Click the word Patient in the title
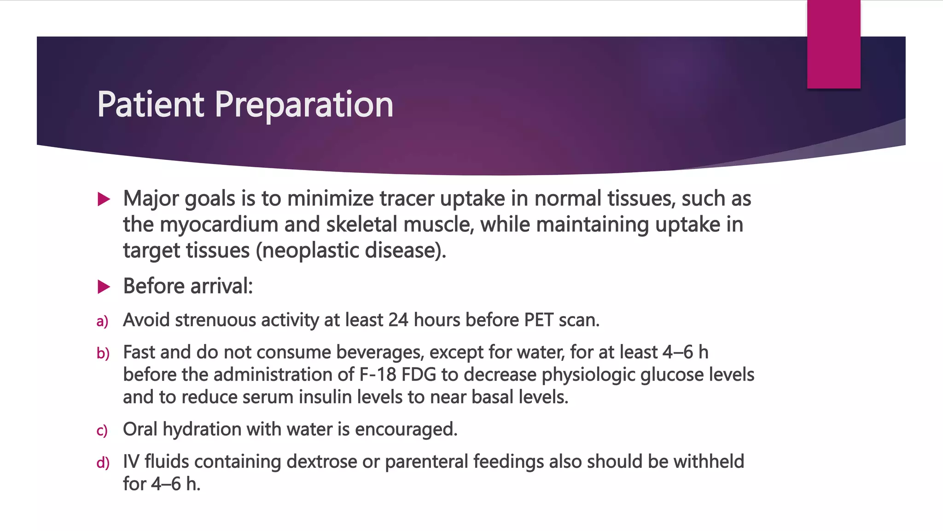point(150,105)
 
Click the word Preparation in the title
point(304,105)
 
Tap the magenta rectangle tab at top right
point(833,44)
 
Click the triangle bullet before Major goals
point(104,200)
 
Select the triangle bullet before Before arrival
point(104,287)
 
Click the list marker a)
point(102,321)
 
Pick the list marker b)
point(103,354)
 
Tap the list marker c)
point(102,431)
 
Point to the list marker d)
point(103,463)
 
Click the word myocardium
point(219,225)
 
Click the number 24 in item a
point(398,320)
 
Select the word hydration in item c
point(202,430)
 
